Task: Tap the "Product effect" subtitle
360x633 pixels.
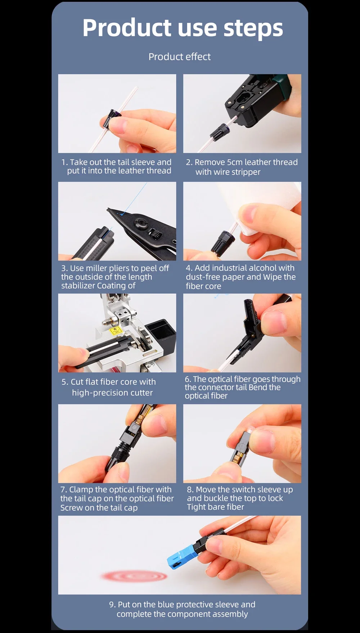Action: pyautogui.click(x=180, y=57)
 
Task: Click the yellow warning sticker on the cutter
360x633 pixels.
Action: pyautogui.click(x=115, y=330)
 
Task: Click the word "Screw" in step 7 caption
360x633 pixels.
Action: pyautogui.click(x=72, y=508)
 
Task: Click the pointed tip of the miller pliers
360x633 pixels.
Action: pyautogui.click(x=108, y=209)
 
